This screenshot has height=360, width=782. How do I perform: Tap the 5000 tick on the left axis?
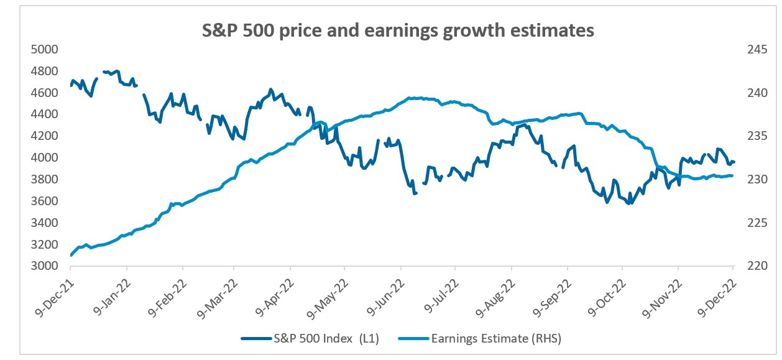click(x=45, y=50)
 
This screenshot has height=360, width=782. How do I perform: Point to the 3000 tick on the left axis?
click(x=45, y=266)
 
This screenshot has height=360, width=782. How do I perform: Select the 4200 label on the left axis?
click(x=45, y=136)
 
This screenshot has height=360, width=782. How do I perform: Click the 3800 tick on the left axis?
click(x=45, y=180)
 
